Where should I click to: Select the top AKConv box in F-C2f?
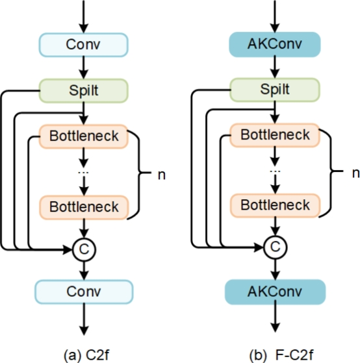(x=276, y=45)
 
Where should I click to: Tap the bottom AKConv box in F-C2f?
(x=276, y=292)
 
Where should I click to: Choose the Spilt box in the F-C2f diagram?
(x=276, y=90)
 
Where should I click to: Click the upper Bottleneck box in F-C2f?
(x=276, y=137)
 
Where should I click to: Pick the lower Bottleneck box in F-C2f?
(x=276, y=205)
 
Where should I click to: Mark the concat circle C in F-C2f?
(x=276, y=247)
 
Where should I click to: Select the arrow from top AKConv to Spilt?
(x=276, y=68)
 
